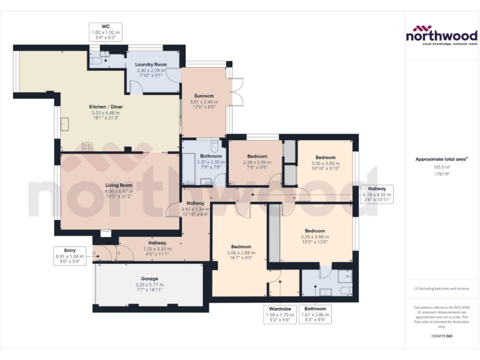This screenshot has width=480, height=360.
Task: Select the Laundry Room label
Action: point(151,64)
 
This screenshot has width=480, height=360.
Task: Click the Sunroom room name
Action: point(204,96)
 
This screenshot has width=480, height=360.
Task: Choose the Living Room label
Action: point(118,185)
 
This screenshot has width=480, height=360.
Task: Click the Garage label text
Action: point(149,279)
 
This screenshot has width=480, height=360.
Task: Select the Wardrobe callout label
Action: point(279,309)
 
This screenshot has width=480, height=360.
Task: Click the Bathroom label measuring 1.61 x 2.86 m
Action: point(315,309)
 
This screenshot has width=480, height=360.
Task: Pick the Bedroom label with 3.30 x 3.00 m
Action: point(326,157)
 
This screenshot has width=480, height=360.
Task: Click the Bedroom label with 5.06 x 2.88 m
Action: point(241,246)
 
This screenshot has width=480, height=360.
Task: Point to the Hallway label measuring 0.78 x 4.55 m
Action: point(377,189)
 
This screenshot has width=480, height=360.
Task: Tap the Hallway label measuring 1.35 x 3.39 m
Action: point(157,242)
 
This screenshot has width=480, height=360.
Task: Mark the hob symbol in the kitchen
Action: point(86,147)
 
